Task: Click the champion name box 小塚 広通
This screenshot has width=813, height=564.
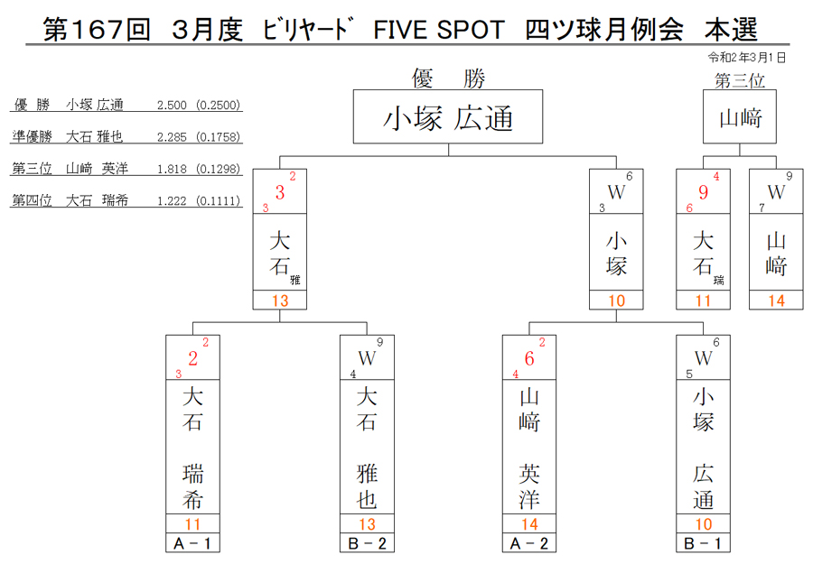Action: click(448, 116)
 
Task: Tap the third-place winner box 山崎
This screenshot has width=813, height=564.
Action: click(739, 116)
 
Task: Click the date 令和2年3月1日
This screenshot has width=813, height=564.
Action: click(747, 58)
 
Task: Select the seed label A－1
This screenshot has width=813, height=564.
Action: click(192, 543)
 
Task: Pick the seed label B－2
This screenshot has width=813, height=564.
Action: click(367, 543)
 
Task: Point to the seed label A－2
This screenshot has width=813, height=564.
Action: click(528, 543)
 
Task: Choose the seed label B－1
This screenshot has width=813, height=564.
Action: click(703, 543)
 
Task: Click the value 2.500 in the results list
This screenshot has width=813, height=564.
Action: click(172, 106)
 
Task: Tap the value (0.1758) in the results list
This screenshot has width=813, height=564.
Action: click(219, 137)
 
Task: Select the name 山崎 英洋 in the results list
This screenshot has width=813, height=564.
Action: click(97, 169)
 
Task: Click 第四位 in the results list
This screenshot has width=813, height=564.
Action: click(33, 200)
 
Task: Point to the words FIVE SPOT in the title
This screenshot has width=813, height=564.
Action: click(439, 30)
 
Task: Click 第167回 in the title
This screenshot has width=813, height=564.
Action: click(97, 29)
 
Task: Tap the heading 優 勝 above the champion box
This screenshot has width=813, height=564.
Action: click(448, 79)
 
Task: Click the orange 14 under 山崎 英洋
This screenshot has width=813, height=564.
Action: click(529, 524)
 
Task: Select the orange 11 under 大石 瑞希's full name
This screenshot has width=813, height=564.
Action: click(192, 524)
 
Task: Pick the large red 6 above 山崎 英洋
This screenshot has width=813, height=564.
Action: click(528, 358)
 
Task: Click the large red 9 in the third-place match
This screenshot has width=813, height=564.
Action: click(703, 192)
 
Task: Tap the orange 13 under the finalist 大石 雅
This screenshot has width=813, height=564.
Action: click(280, 300)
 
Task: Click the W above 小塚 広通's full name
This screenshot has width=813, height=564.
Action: click(703, 358)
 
